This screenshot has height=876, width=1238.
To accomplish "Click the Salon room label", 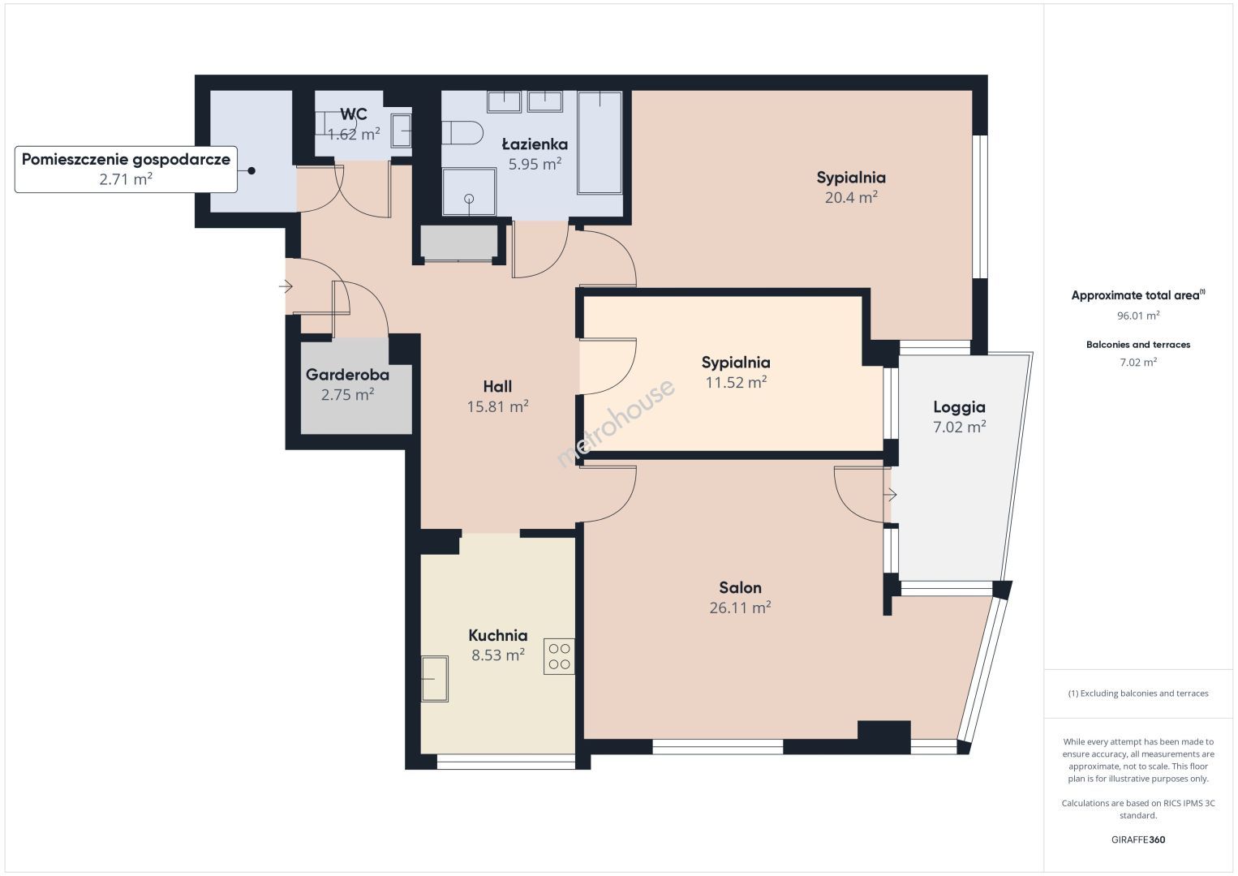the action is [740, 587].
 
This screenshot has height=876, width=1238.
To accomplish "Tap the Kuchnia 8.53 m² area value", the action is [497, 655].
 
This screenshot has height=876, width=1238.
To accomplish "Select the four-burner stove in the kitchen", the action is [559, 656].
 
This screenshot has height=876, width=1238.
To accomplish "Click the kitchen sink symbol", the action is [434, 679].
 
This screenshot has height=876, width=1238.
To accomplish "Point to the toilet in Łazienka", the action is [462, 133].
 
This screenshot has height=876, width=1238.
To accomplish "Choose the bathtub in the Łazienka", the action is [600, 143].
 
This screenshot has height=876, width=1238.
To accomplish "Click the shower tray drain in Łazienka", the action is [469, 199].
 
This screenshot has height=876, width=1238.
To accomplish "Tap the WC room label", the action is [354, 114].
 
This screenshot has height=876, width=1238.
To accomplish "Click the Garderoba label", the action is [348, 375].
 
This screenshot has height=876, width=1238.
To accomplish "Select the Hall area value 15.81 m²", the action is [497, 407].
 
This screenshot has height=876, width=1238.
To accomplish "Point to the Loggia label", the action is [960, 407].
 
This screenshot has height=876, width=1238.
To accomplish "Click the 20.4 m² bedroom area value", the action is [851, 197].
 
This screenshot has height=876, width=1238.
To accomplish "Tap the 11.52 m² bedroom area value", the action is [736, 383].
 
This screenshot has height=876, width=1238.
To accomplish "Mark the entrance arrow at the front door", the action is [286, 286].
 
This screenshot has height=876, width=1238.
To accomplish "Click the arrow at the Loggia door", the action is [890, 494].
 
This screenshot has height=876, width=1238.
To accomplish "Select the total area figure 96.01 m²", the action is [1138, 316].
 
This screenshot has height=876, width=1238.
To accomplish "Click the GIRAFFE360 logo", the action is [1138, 839].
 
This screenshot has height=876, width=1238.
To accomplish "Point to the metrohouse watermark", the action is [616, 423].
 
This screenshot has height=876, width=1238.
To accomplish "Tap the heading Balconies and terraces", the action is [1138, 345].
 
